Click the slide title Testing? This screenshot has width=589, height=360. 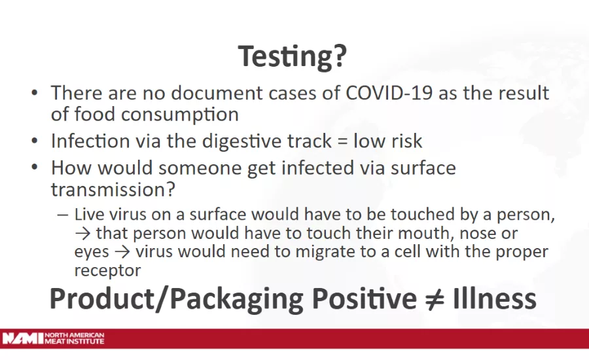click(x=292, y=56)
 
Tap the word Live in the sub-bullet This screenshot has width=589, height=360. click(x=88, y=215)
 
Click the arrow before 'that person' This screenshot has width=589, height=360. click(x=83, y=233)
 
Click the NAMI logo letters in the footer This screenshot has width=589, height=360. click(x=22, y=338)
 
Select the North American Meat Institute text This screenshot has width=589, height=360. click(x=75, y=338)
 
